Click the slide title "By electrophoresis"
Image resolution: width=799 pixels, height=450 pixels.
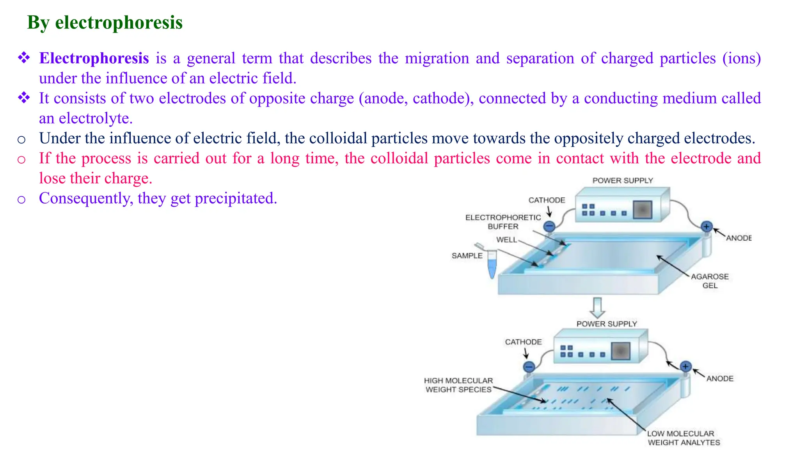[x=105, y=23]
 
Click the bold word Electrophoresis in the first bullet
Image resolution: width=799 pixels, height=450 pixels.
[x=94, y=59]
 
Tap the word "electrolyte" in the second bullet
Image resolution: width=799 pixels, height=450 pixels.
[x=95, y=118]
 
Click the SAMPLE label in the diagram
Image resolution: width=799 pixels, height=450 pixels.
[x=467, y=256]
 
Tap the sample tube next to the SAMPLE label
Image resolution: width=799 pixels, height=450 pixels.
[x=492, y=264]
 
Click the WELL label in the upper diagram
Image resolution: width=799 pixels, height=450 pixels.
[x=506, y=240]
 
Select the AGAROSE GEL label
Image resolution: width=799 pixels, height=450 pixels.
[x=710, y=281]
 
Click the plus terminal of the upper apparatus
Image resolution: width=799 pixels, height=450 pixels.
[x=707, y=227]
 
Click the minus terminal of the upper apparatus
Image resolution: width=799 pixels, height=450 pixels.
[x=549, y=226]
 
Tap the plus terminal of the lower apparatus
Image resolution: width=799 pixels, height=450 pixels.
[x=685, y=366]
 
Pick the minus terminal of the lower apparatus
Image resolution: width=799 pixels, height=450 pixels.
[x=529, y=367]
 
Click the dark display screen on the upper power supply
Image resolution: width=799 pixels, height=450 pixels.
[x=643, y=210]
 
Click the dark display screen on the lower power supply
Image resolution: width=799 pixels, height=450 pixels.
[x=621, y=351]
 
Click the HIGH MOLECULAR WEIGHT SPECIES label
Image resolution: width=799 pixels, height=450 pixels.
[x=458, y=385]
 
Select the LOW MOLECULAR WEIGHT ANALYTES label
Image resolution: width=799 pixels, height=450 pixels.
[x=684, y=438]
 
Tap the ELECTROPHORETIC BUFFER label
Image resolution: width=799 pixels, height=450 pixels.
[x=503, y=222]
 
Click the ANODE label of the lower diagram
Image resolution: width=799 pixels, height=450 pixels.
[x=720, y=379]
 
